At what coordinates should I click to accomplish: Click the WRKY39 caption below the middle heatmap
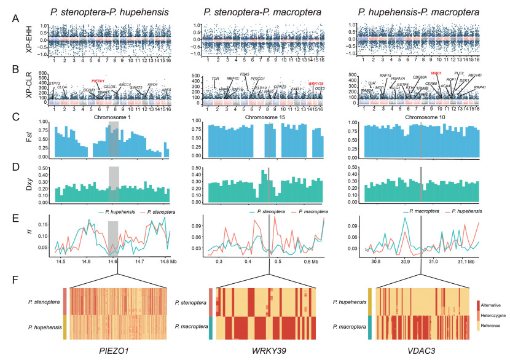(268, 350)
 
